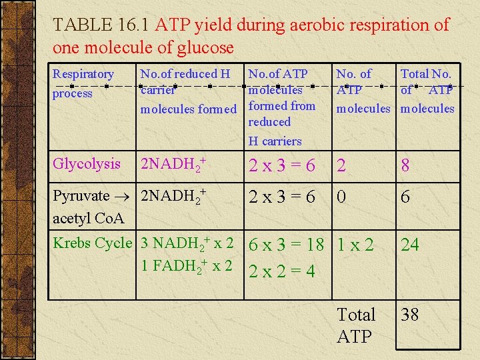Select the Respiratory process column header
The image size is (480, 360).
click(83, 83)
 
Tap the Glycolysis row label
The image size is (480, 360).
click(87, 164)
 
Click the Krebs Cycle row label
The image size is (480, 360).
click(93, 243)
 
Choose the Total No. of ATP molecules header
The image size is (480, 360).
click(427, 91)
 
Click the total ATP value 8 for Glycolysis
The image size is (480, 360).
click(405, 166)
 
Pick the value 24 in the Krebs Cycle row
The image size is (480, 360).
click(410, 245)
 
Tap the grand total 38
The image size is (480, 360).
click(410, 315)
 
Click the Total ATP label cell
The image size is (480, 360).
click(357, 325)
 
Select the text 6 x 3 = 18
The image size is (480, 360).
click(290, 245)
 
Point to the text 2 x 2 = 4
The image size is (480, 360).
click(281, 272)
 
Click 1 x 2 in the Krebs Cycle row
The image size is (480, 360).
click(357, 245)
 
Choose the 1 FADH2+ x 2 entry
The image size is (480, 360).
click(187, 265)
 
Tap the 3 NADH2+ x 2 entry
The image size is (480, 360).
click(187, 243)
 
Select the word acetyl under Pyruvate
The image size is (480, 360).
click(71, 217)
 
